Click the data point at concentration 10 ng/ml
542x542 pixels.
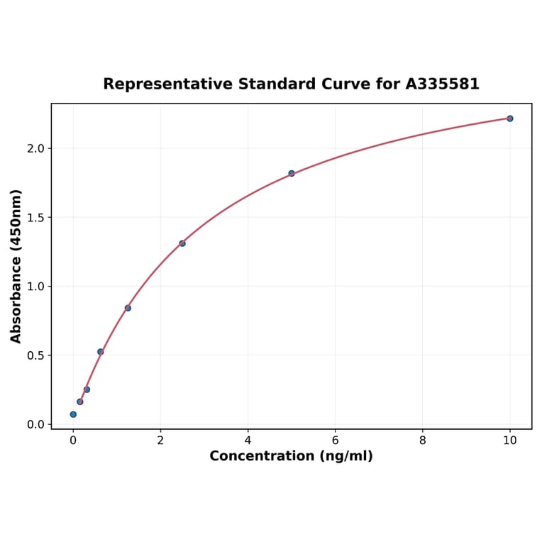tap(509, 118)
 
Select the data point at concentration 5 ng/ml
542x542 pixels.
tap(292, 173)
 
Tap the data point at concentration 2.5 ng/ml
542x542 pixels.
tap(182, 243)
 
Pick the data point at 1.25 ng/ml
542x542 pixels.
tap(128, 308)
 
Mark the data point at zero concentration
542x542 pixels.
tap(73, 414)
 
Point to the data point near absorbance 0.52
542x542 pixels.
tap(101, 352)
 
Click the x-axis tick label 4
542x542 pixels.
tap(248, 441)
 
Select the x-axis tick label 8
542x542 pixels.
tap(422, 441)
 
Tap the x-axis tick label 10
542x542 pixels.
tap(509, 441)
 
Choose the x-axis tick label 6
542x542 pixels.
tap(335, 441)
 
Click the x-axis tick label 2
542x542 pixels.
tap(160, 441)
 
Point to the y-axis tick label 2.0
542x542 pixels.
tap(35, 148)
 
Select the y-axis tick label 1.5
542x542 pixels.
tap(35, 217)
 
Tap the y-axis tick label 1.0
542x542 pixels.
tap(35, 287)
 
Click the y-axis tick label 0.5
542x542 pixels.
tap(35, 355)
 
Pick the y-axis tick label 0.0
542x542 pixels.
tap(35, 424)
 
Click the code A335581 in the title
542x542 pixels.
tap(442, 84)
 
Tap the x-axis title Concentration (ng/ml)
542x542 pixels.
tap(291, 456)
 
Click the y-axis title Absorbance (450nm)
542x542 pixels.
tap(16, 266)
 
